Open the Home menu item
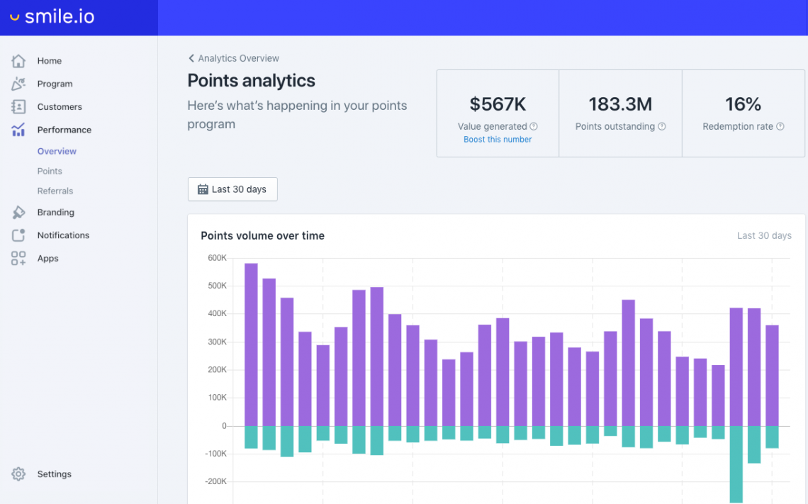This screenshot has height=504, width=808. pos(49,61)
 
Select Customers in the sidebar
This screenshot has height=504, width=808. pos(60,107)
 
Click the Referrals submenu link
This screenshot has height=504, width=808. pos(55,191)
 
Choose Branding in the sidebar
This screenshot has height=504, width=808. pos(55,213)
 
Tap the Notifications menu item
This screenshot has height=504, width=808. pos(63,235)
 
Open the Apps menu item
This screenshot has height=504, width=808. pos(47,259)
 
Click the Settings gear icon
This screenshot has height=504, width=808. pos(18,474)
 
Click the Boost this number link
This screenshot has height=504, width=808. pos(498,140)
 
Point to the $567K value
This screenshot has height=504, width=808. pos(498,104)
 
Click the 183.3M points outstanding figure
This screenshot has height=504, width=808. pos(620,104)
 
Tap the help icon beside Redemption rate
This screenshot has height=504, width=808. pos(780,127)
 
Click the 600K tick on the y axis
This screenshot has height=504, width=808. pos(217,258)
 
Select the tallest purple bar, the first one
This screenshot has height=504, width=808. pos(251,345)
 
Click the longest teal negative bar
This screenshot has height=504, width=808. pos(736,464)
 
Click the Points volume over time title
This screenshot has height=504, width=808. pos(262,236)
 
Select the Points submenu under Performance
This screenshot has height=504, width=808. pos(50,171)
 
